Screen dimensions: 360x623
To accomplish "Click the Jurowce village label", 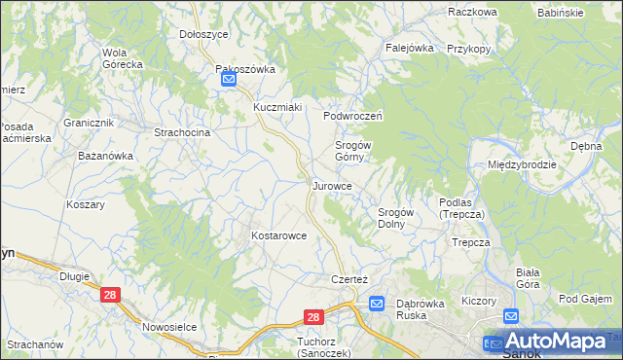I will tap(339, 185).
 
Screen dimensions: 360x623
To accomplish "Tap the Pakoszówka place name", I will tap(246, 69).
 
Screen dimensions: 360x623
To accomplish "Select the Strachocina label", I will tap(182, 132).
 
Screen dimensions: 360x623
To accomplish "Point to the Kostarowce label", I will tap(279, 235).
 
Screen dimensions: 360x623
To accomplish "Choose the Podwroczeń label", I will tap(352, 115).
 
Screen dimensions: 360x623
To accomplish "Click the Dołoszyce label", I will tap(203, 33).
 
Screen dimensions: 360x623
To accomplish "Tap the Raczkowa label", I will tap(473, 12).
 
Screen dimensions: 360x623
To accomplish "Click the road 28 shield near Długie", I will tap(110, 295).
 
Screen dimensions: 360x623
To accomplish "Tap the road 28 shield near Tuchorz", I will tap(312, 317).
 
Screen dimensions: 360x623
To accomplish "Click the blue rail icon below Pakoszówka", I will tap(228, 82).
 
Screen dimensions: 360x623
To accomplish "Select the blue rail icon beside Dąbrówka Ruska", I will tap(378, 304).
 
